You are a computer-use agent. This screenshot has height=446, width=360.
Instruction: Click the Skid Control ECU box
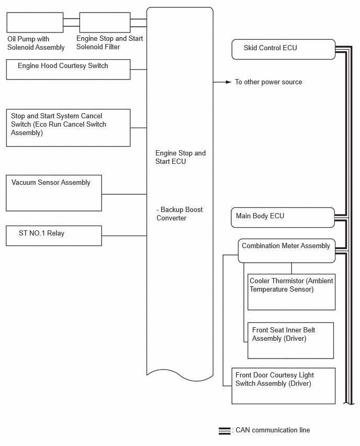(283, 49)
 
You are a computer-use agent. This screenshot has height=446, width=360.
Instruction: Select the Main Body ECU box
(283, 217)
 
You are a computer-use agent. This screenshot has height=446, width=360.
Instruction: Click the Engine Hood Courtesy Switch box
(68, 69)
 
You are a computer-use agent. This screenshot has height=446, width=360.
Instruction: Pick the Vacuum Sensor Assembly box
(54, 193)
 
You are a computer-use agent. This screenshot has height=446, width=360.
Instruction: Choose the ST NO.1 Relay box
(54, 236)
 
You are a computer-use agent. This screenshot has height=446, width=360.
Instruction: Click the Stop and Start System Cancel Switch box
(68, 128)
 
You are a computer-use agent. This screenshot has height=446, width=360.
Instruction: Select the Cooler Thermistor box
(291, 292)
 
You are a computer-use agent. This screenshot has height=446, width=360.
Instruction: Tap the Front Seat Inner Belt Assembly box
(290, 340)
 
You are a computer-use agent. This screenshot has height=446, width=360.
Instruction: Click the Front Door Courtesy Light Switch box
(283, 386)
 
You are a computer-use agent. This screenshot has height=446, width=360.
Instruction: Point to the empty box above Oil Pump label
(35, 23)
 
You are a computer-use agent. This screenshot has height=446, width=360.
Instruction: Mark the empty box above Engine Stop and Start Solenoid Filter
(105, 23)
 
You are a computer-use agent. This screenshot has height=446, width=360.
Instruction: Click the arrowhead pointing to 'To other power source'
(228, 82)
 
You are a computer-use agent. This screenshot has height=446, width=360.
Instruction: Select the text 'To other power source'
(268, 82)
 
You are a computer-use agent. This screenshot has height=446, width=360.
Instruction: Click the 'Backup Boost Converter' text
(179, 214)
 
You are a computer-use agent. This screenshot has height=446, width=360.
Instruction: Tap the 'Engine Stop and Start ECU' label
(181, 157)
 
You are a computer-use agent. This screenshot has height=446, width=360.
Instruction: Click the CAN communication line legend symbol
(224, 431)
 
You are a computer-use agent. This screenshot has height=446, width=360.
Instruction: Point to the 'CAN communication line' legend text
(273, 430)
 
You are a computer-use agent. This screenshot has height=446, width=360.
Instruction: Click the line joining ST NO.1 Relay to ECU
(124, 236)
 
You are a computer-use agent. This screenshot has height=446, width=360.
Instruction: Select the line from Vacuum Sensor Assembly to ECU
(124, 194)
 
